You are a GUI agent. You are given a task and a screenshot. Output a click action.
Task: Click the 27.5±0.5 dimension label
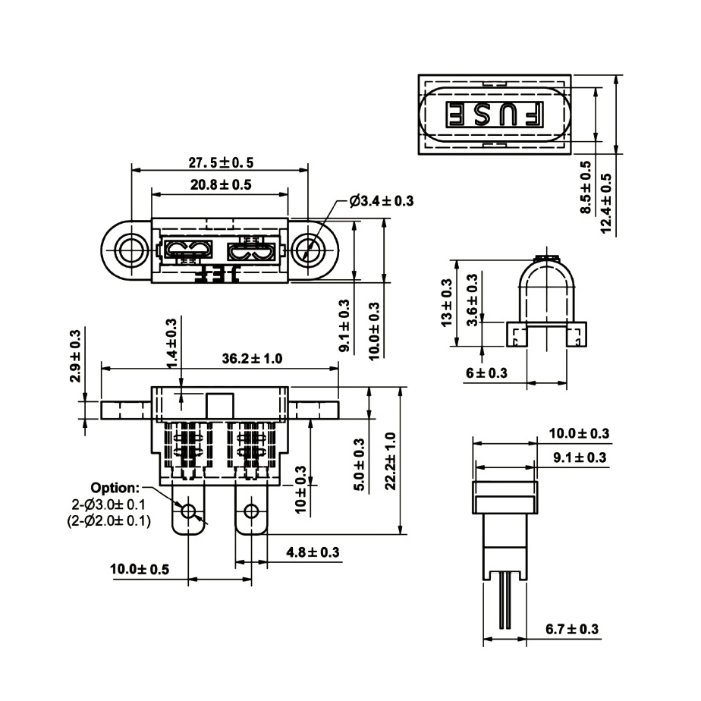pos(221,162)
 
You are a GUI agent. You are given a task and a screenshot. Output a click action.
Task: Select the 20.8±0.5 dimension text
pos(221,184)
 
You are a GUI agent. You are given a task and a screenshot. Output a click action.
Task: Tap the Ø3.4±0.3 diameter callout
pos(382,201)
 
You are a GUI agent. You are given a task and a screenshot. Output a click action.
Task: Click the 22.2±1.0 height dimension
pos(390,461)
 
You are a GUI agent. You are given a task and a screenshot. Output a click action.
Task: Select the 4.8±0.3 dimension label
pos(313,552)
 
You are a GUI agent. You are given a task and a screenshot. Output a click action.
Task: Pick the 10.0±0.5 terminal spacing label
pos(140,569)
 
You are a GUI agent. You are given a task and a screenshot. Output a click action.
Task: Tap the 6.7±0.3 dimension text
pos(572,629)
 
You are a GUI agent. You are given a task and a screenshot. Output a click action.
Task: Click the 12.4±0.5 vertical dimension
pos(606,198)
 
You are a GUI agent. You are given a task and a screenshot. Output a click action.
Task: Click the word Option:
pos(115,487)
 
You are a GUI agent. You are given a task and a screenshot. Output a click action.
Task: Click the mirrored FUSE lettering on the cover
pos(494,114)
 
